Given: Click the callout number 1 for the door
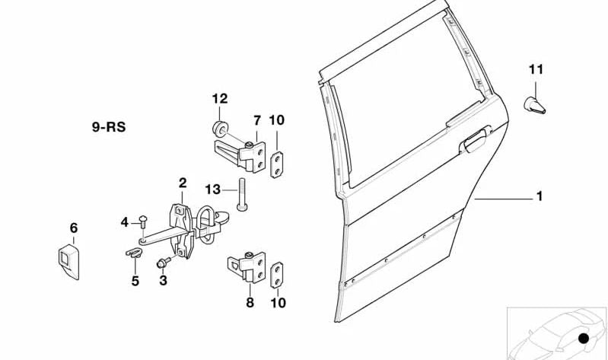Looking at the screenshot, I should pyautogui.click(x=539, y=197).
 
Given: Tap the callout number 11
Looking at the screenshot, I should pyautogui.click(x=536, y=70).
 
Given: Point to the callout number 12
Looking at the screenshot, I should pyautogui.click(x=219, y=98).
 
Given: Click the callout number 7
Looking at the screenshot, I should pyautogui.click(x=256, y=119).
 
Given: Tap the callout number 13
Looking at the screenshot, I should pyautogui.click(x=213, y=188).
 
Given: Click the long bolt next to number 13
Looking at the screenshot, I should pyautogui.click(x=241, y=195).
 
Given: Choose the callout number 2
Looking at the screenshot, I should pyautogui.click(x=183, y=183).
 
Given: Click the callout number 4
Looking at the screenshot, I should pyautogui.click(x=125, y=221).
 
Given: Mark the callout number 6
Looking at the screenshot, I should pyautogui.click(x=73, y=228).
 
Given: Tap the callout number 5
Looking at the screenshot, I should pyautogui.click(x=135, y=281).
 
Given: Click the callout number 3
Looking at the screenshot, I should pyautogui.click(x=162, y=281).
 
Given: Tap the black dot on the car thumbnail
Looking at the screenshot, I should pyautogui.click(x=584, y=338).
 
